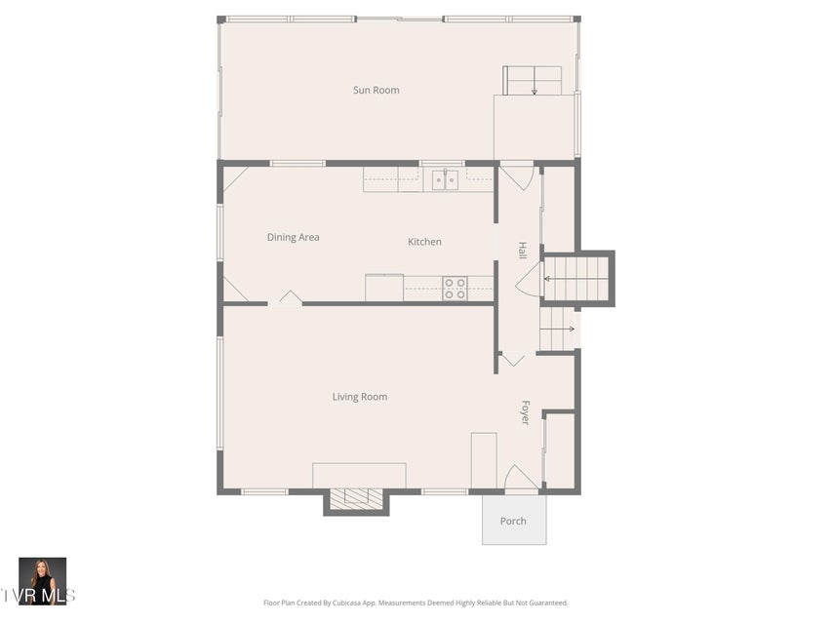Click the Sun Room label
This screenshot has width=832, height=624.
coord(376,91)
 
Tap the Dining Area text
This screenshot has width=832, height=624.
coord(293,237)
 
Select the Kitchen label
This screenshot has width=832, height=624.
coord(424,242)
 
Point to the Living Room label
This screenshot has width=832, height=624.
coord(360,397)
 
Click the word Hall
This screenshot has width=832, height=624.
coord(523,251)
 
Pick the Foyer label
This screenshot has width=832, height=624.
coord(526,412)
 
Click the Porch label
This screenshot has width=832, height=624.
coord(513,521)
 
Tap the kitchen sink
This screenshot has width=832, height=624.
coord(445,180)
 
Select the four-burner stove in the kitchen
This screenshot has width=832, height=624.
coord(456,289)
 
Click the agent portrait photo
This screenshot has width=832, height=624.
coord(43,581)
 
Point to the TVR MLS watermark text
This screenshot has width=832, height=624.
coord(37,596)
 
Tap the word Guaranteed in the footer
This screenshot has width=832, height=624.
coord(548,603)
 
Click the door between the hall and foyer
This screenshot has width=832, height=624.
coord(514,359)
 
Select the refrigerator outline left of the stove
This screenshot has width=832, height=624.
coord(384,288)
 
